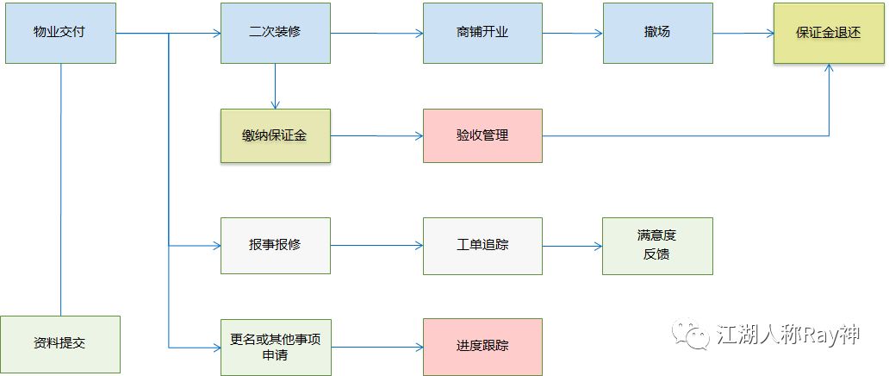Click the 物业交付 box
[59, 33]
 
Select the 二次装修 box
[275, 33]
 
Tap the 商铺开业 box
[482, 33]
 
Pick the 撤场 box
[657, 33]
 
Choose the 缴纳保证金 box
[275, 136]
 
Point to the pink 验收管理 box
[482, 136]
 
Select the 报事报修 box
[275, 246]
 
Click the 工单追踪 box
[482, 246]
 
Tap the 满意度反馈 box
[657, 246]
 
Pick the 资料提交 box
[59, 345]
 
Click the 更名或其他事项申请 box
[275, 347]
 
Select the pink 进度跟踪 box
[482, 347]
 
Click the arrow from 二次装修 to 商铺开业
[376, 34]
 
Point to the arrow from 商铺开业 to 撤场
[572, 34]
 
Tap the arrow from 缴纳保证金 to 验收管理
[376, 135]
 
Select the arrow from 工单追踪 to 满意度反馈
[572, 246]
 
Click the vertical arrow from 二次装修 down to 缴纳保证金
[275, 86]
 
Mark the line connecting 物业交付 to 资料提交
[61, 190]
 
